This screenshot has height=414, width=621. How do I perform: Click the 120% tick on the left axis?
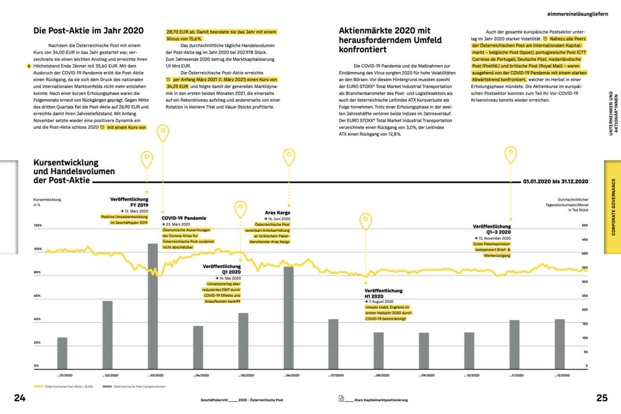click(38, 225)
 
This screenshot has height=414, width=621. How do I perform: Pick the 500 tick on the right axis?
click(584, 225)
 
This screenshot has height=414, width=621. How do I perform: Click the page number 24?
click(20, 398)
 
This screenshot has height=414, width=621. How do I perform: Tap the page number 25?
click(602, 398)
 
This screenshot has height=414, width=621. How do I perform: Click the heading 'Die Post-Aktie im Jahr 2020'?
click(89, 31)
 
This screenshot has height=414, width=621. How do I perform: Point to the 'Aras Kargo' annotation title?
click(277, 213)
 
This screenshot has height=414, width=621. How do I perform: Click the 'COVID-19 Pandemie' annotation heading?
click(184, 218)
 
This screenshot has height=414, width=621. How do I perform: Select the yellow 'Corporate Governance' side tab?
click(613, 207)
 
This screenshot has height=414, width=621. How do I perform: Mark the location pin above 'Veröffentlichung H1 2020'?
click(366, 221)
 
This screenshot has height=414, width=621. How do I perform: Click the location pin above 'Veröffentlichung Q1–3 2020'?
click(511, 154)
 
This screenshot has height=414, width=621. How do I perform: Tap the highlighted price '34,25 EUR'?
click(177, 86)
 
